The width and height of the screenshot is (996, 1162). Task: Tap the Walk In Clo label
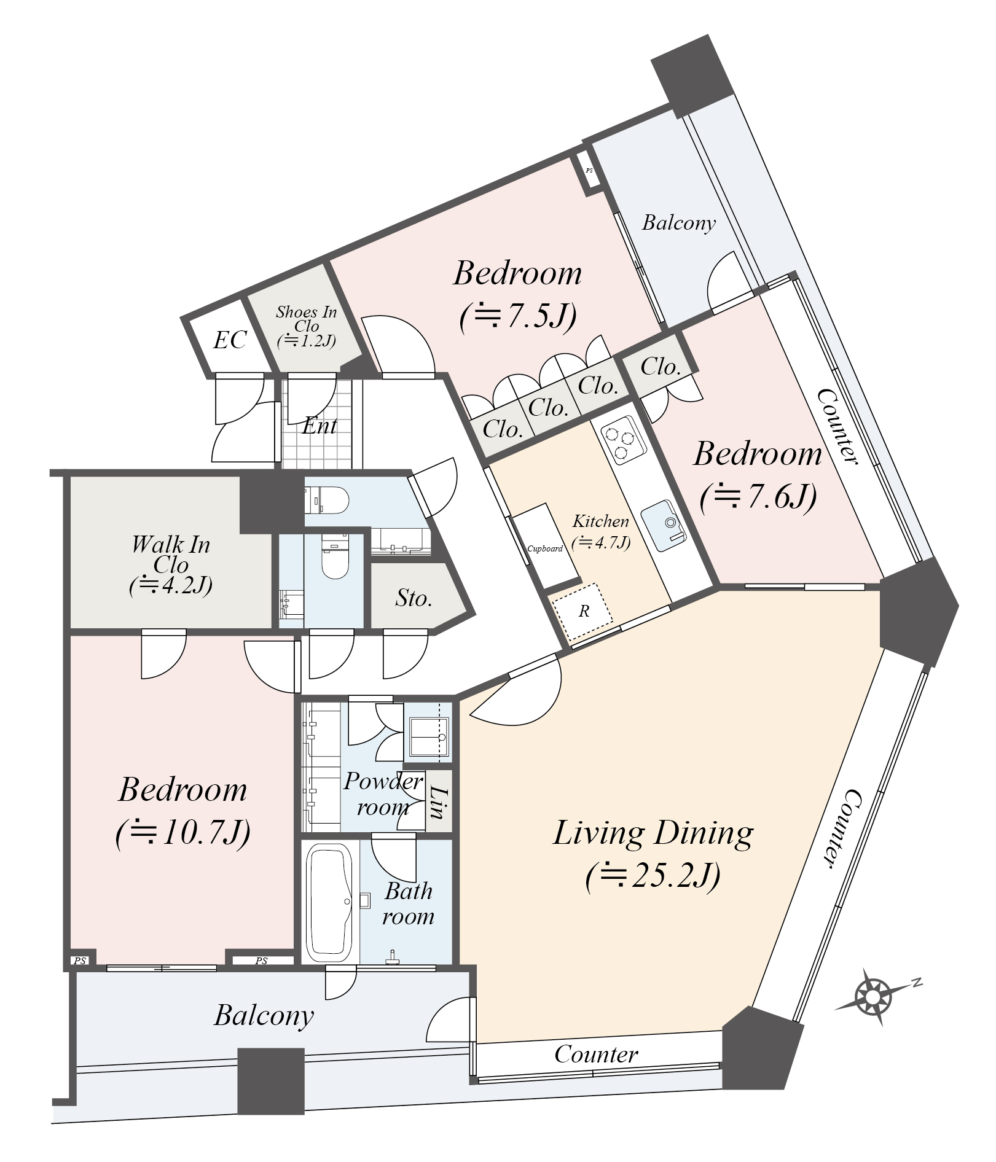coord(171,554)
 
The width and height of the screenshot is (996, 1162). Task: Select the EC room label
coord(230,340)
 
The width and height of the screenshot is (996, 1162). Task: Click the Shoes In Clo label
coord(306,319)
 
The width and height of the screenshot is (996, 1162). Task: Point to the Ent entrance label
coord(320,426)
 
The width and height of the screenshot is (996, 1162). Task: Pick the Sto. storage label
coord(414,598)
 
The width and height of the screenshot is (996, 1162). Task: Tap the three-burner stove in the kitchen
coord(620,439)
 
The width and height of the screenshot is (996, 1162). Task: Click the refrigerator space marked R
coord(582,611)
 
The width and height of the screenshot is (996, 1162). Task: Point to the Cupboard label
coord(545,548)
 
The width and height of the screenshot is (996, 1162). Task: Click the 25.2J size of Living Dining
coord(653,876)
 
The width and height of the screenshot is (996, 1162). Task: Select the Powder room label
coord(383,794)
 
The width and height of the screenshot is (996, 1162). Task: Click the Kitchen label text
coord(601,521)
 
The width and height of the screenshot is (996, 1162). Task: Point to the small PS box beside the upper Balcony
coord(589,171)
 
